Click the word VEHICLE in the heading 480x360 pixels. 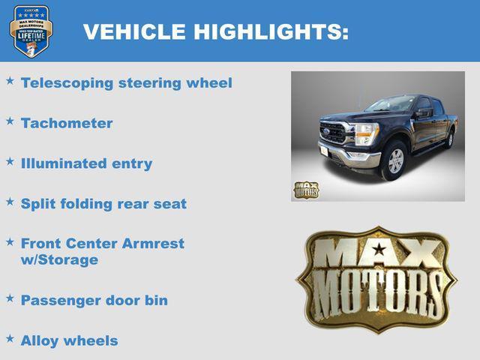coord(133,31)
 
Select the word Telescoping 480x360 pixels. coord(67,82)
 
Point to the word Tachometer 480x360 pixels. coord(67,123)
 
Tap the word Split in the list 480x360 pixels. coord(37,203)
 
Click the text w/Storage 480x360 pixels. coord(59,260)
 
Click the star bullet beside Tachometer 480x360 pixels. coord(10,120)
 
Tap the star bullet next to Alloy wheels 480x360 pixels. coord(10,337)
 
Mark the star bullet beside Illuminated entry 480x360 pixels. coord(10,160)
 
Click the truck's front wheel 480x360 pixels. coord(394,160)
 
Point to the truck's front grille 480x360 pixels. coord(333,133)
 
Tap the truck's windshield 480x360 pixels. coord(390,104)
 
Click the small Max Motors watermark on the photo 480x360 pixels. coord(305,190)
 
